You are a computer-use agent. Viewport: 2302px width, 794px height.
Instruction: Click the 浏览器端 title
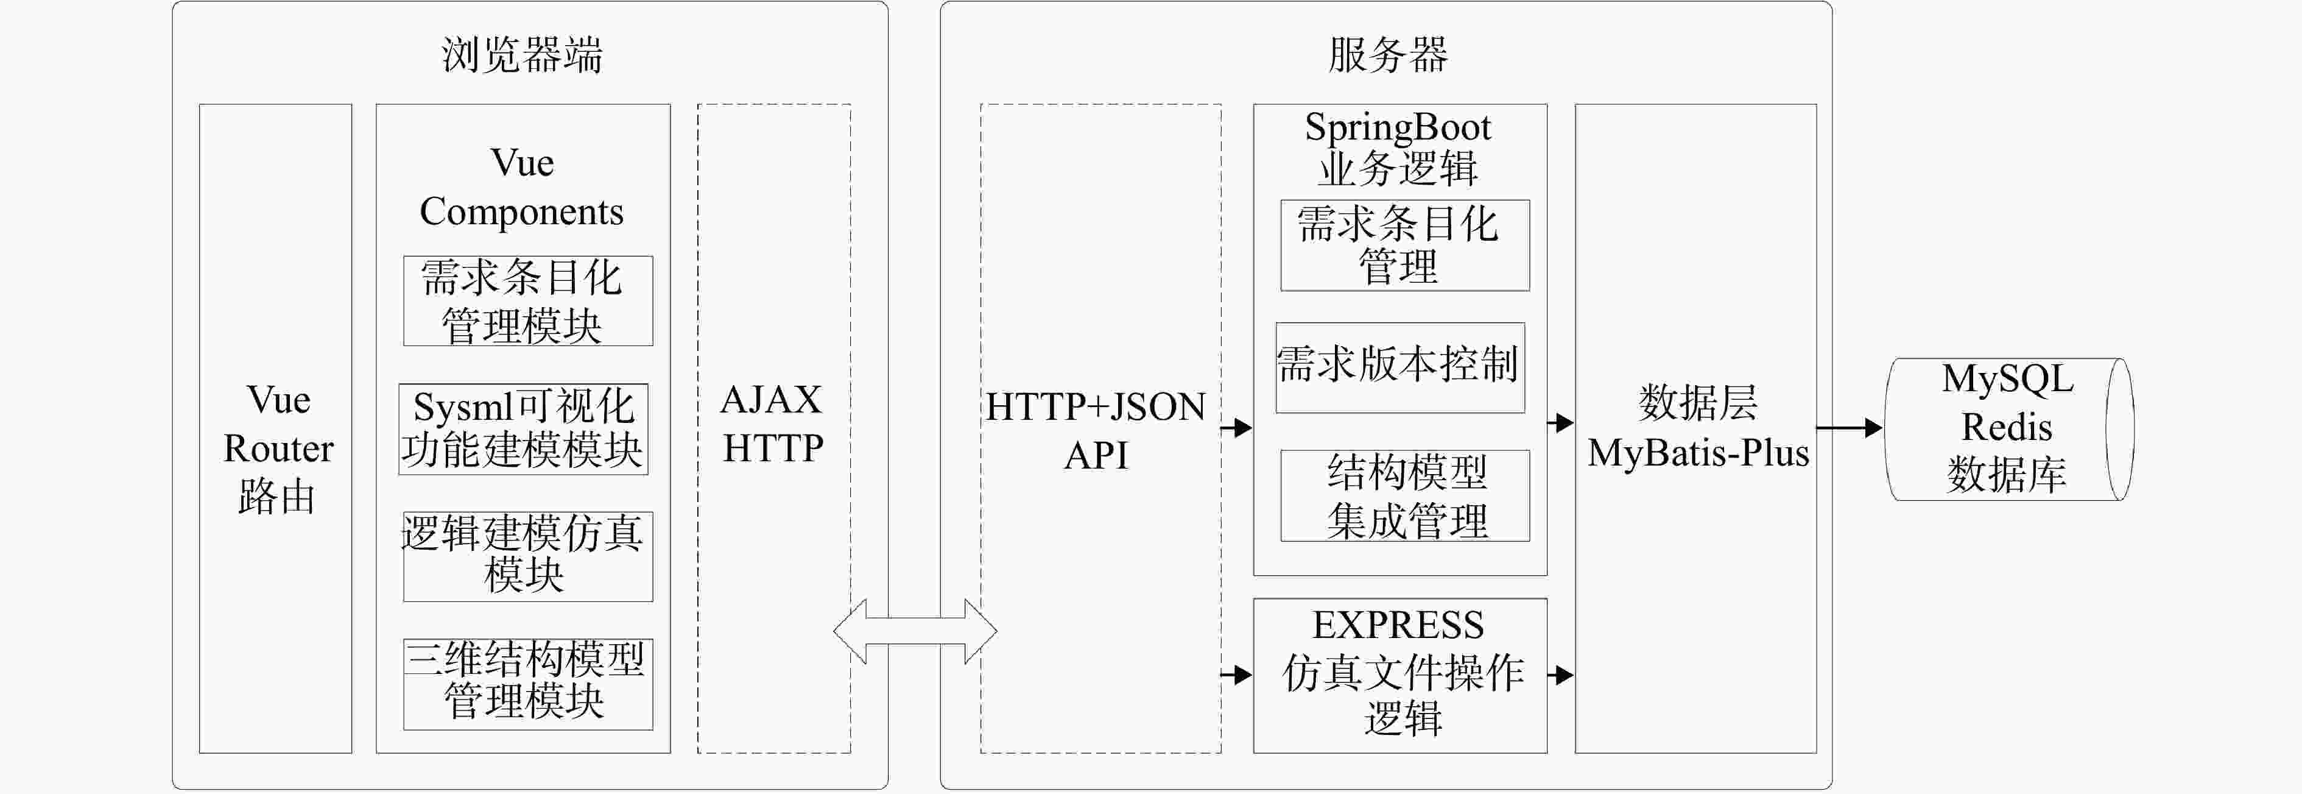pos(522,55)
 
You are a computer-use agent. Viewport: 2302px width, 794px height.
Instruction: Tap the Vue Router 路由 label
pos(278,448)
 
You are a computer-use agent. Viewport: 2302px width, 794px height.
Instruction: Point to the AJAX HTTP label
pos(772,424)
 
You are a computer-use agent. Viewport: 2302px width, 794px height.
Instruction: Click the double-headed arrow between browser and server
pos(915,631)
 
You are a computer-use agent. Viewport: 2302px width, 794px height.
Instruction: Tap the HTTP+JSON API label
pos(1096,431)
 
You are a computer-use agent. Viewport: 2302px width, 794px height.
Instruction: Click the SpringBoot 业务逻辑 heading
pos(1398,147)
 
